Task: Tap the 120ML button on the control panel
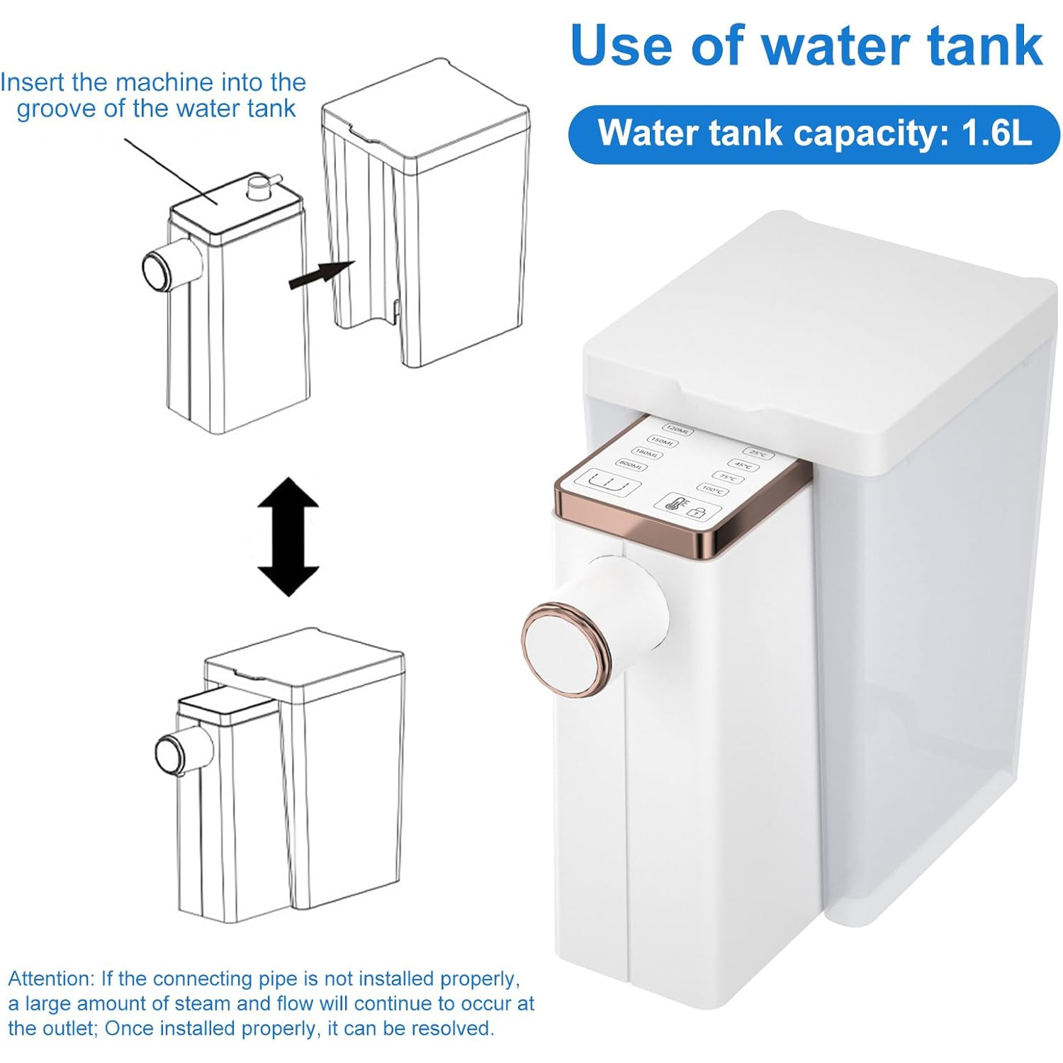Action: point(677,430)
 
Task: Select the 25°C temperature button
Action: point(758,453)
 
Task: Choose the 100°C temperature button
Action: point(712,490)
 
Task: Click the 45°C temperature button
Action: point(743,466)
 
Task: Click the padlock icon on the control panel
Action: point(697,512)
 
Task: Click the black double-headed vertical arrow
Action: point(288,536)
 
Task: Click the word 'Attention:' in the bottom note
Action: point(50,979)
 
